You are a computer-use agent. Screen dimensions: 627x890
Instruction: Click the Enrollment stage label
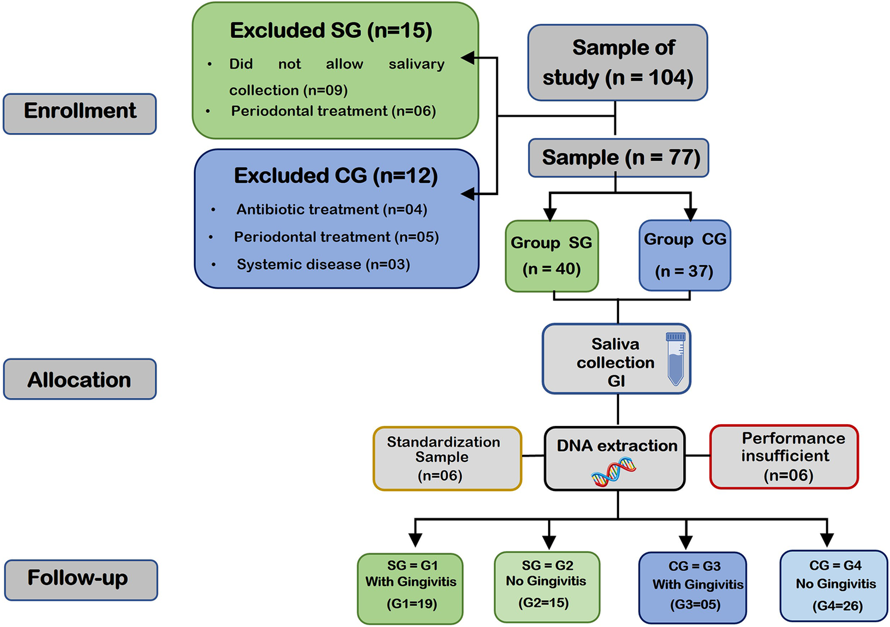[x=80, y=114]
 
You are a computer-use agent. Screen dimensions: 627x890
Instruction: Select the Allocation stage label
[x=80, y=379]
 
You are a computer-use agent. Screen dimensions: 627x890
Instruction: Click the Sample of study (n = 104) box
[x=617, y=63]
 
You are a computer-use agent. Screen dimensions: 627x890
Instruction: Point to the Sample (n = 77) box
[x=618, y=158]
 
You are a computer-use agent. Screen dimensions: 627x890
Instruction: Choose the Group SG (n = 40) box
[x=551, y=256]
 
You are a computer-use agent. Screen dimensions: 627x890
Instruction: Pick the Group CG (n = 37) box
[x=685, y=255]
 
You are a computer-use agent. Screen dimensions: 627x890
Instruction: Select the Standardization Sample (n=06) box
[x=447, y=458]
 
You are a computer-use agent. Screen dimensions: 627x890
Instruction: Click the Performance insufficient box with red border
[x=784, y=457]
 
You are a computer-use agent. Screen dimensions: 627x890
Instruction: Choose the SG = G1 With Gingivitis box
[x=410, y=588]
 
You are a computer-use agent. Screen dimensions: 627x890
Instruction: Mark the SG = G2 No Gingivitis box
[x=546, y=587]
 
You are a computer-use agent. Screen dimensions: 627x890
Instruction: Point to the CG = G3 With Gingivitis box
[x=692, y=588]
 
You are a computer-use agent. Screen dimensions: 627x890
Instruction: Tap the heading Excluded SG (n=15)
[x=331, y=31]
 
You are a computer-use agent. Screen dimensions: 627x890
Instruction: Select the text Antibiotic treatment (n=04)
[x=331, y=209]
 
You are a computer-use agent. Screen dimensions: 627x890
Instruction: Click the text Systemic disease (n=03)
[x=323, y=264]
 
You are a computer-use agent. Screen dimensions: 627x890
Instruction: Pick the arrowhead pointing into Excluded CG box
[x=468, y=193]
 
